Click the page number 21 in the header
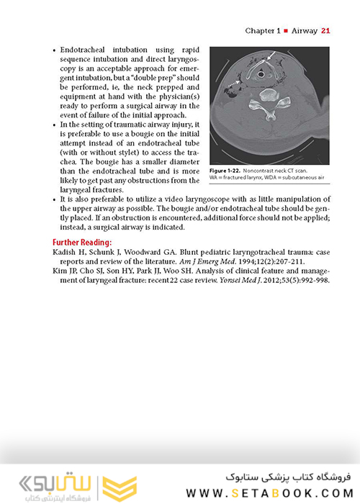tap(325, 31)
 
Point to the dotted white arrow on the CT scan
tap(235, 86)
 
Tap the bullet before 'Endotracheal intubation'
tap(55, 54)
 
